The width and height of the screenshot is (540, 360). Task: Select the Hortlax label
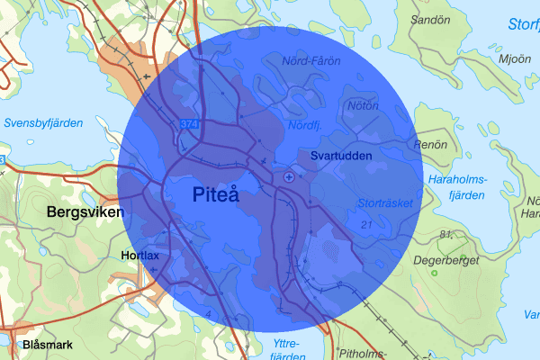(x=139, y=256)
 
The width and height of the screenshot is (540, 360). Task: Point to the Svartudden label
(x=341, y=156)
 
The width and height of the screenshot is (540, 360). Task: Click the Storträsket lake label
(x=384, y=203)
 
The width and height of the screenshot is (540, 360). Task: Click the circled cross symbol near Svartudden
(x=288, y=177)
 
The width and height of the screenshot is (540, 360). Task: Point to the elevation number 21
(x=365, y=223)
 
